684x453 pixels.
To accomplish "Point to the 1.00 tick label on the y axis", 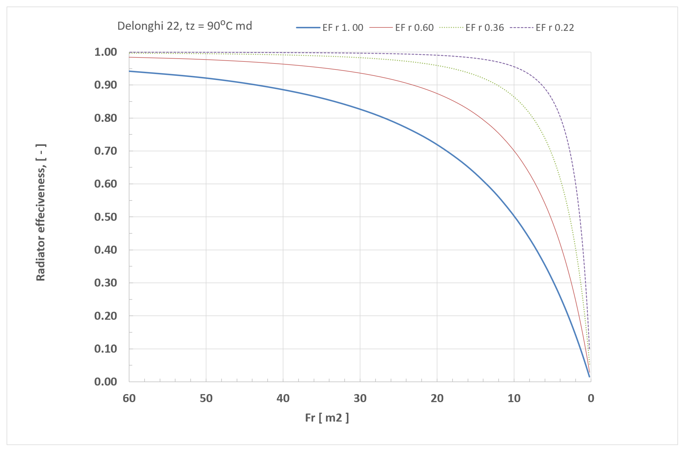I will (106, 52).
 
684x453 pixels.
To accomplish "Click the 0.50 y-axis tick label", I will (106, 217).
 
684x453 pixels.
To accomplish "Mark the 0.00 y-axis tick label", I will (106, 382).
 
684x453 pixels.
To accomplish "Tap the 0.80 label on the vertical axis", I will (106, 118).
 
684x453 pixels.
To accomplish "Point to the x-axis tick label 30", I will (360, 398).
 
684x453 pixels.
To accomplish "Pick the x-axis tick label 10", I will (514, 398).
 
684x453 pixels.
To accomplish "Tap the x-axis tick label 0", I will (591, 398).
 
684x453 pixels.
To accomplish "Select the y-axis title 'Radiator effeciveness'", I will (41, 212).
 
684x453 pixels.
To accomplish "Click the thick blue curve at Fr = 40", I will (283, 90).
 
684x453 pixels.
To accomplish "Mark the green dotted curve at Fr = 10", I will (514, 96).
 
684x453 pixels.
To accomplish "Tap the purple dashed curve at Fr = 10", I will (514, 67).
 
